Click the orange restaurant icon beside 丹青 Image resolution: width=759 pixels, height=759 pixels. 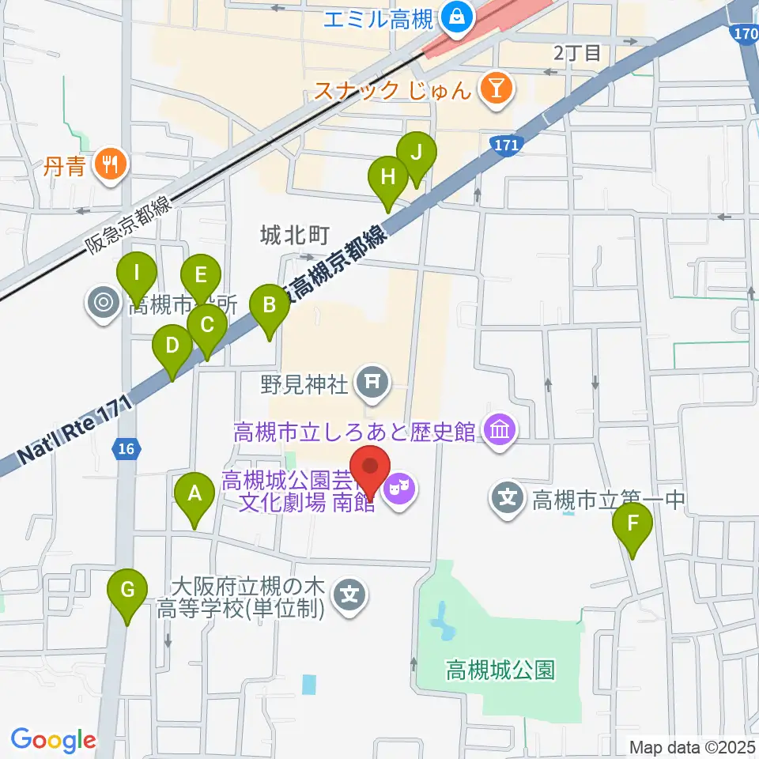(106, 164)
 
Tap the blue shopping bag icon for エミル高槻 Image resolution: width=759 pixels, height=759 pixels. (456, 13)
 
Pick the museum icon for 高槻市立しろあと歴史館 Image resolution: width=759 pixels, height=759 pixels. (500, 432)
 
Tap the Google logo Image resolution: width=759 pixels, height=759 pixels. (53, 740)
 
